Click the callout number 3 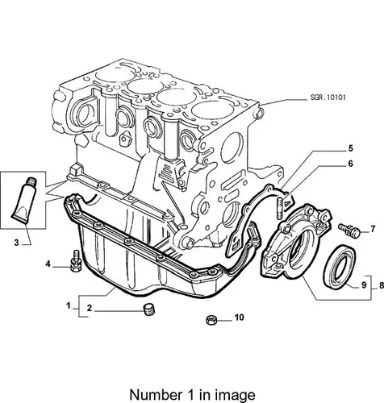click(17, 243)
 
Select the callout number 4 click(48, 264)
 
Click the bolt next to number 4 click(76, 260)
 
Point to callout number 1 click(69, 305)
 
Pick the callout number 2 click(90, 308)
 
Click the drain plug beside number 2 click(148, 310)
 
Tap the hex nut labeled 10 click(211, 320)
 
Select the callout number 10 click(240, 318)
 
